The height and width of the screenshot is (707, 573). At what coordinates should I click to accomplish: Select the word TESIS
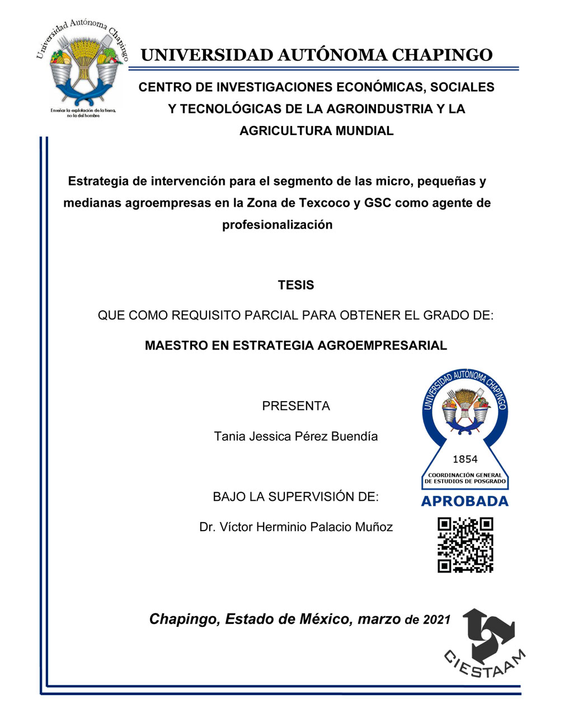[295, 285]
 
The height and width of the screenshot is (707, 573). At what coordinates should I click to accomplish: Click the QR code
[465, 545]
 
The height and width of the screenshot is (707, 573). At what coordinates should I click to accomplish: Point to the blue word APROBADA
[464, 501]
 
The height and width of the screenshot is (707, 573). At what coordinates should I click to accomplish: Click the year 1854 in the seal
[465, 459]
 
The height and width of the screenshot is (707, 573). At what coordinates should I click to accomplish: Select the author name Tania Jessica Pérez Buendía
[295, 436]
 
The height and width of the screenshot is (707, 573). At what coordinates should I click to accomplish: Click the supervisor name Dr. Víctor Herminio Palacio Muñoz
[295, 527]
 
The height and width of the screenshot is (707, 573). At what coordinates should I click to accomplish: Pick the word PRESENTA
[295, 406]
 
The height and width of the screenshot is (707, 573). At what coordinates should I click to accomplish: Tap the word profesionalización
[277, 225]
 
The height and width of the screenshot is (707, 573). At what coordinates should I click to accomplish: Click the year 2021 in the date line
[436, 620]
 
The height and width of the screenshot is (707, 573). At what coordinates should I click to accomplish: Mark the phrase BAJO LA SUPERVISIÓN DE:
[295, 497]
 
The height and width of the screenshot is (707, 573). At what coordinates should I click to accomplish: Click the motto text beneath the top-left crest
[83, 113]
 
